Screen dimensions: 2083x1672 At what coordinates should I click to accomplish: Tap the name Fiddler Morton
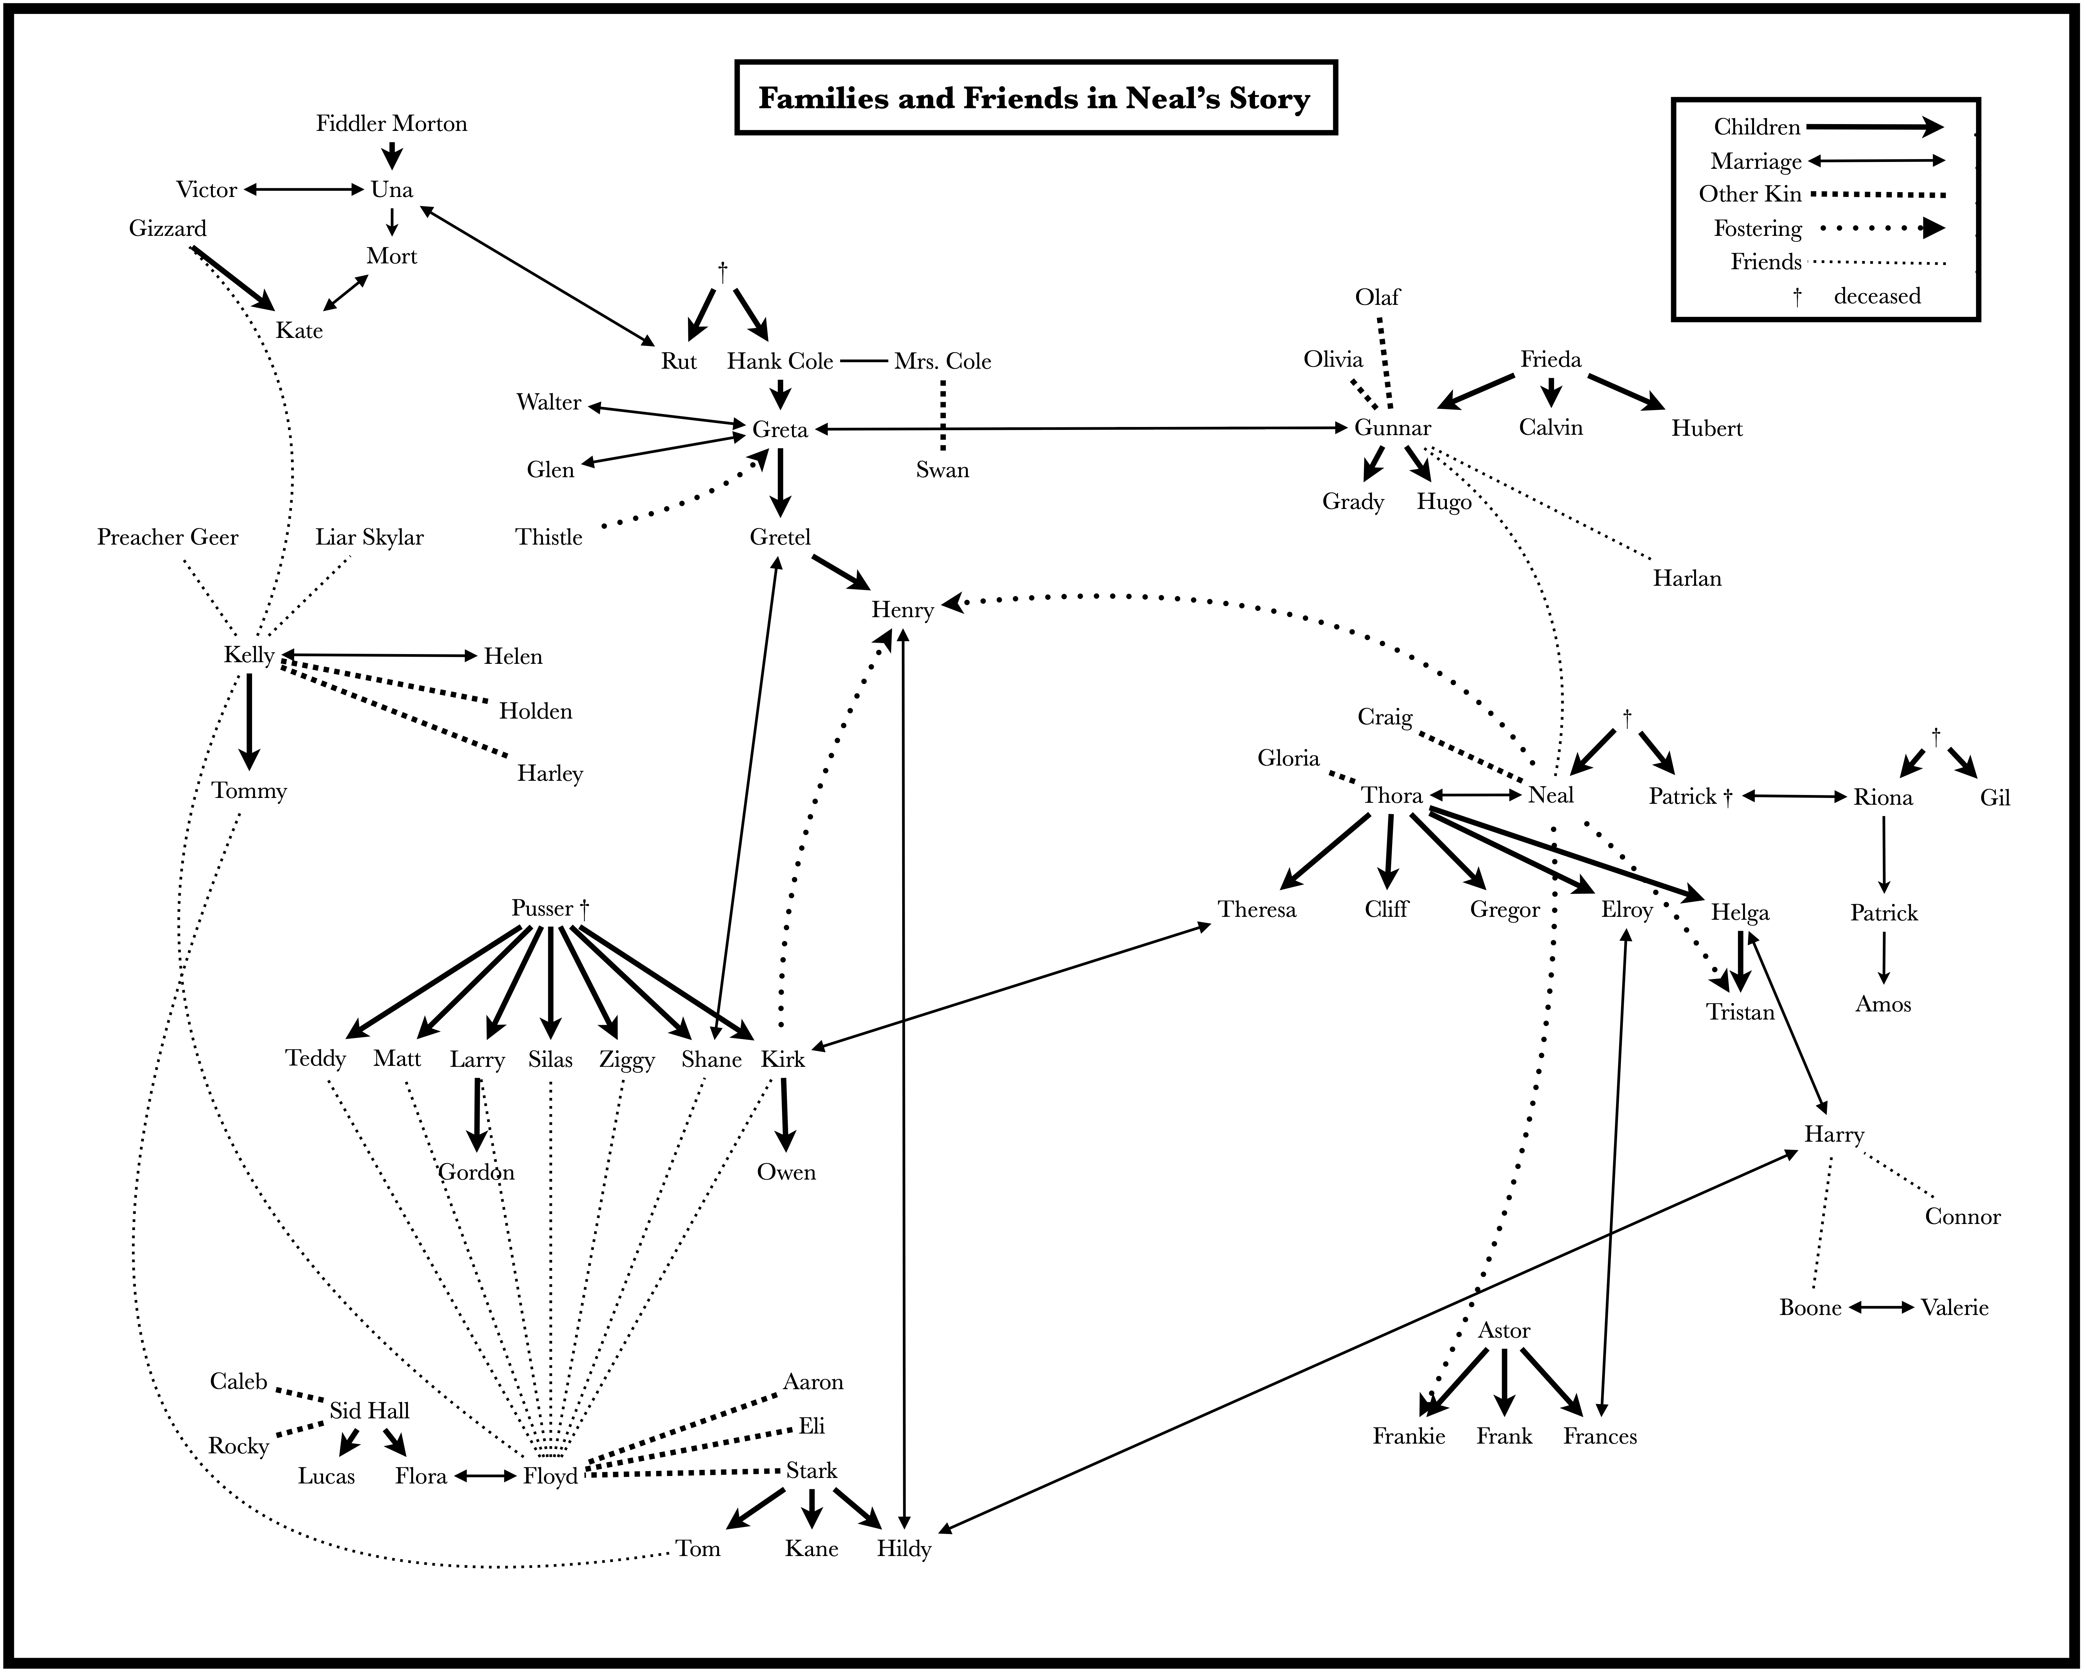(391, 124)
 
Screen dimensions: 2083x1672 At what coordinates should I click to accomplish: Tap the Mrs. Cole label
(943, 361)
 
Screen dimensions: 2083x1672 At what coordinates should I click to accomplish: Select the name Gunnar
(1392, 428)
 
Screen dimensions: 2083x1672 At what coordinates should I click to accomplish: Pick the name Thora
(1392, 796)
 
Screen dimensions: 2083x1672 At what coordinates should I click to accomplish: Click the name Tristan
(1740, 1012)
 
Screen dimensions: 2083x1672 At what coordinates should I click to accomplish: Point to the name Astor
(1504, 1331)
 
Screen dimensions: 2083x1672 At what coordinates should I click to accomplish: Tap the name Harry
(1834, 1135)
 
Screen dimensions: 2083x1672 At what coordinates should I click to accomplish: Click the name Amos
(1883, 1005)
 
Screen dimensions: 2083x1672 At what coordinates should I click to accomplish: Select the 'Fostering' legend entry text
(1757, 229)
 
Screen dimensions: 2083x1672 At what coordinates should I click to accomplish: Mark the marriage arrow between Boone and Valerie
(1881, 1308)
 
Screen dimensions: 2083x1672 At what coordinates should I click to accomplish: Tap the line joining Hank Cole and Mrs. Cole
(864, 361)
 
